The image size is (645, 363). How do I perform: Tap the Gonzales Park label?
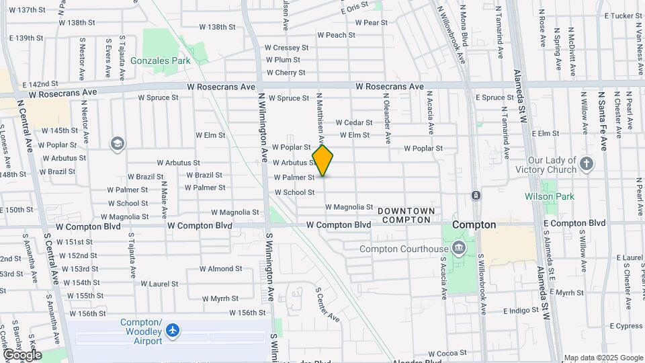pyautogui.click(x=160, y=61)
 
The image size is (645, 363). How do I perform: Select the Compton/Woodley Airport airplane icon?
pyautogui.click(x=174, y=330)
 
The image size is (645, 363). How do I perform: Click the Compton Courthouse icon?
pyautogui.click(x=458, y=249)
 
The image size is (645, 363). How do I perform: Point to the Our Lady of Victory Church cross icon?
pyautogui.click(x=587, y=164)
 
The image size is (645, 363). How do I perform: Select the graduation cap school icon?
pyautogui.click(x=118, y=144)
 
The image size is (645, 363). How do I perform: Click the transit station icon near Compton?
pyautogui.click(x=476, y=195)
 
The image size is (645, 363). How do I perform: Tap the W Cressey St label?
pyautogui.click(x=286, y=48)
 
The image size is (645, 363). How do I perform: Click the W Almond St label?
pyautogui.click(x=220, y=268)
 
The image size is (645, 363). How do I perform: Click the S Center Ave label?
pyautogui.click(x=327, y=305)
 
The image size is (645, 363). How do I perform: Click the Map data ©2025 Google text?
pyautogui.click(x=603, y=358)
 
